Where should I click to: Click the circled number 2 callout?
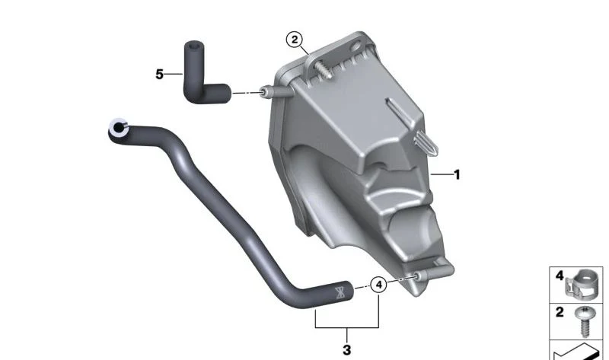295,40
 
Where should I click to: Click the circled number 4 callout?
378,285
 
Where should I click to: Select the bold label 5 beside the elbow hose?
159,74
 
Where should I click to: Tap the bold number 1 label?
458,175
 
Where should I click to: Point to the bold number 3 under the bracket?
347,350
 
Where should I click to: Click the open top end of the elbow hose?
193,46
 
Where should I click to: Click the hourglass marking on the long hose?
340,292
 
